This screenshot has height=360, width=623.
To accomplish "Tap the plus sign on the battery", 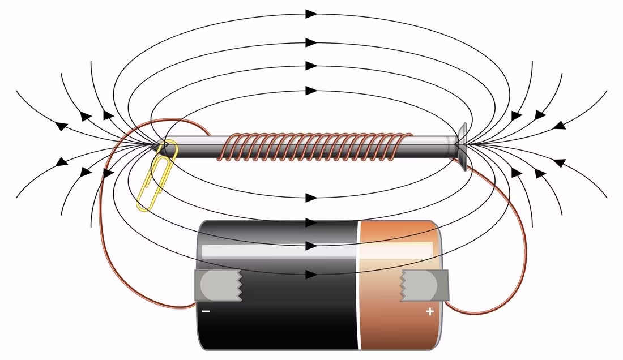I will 429,311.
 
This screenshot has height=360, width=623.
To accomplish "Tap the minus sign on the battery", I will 205,311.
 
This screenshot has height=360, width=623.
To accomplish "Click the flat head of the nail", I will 462,146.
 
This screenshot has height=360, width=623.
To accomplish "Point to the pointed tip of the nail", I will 155,145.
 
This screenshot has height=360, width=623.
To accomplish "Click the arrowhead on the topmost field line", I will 311,14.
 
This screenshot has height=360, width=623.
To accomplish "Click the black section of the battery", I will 283,317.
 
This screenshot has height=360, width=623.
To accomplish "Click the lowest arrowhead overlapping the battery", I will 311,275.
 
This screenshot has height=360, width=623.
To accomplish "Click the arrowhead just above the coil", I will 311,91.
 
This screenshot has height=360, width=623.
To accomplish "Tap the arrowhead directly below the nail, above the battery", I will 311,198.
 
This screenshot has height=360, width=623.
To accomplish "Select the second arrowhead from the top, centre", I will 311,42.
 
